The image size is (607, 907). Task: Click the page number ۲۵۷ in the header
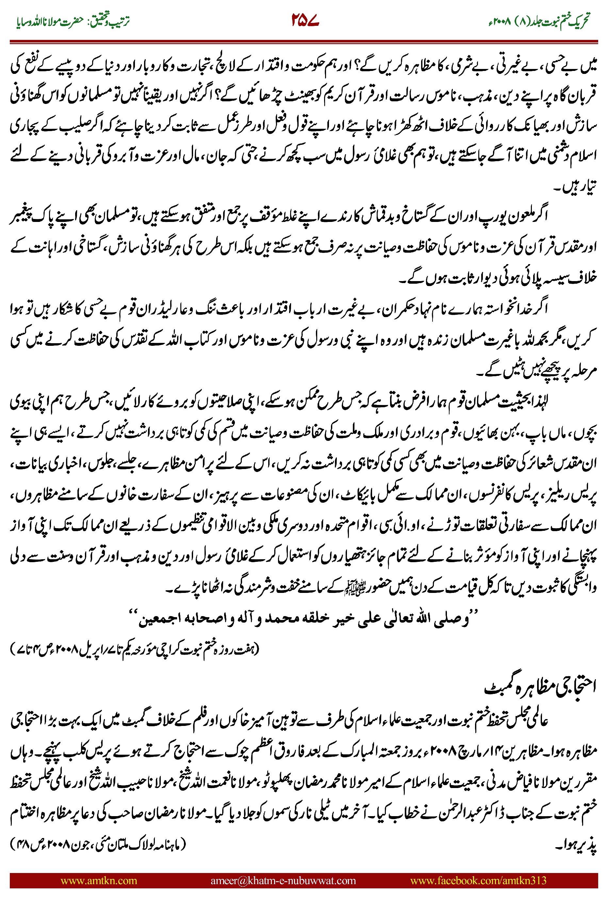point(305,20)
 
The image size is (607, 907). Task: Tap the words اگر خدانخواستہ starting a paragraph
point(519,308)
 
